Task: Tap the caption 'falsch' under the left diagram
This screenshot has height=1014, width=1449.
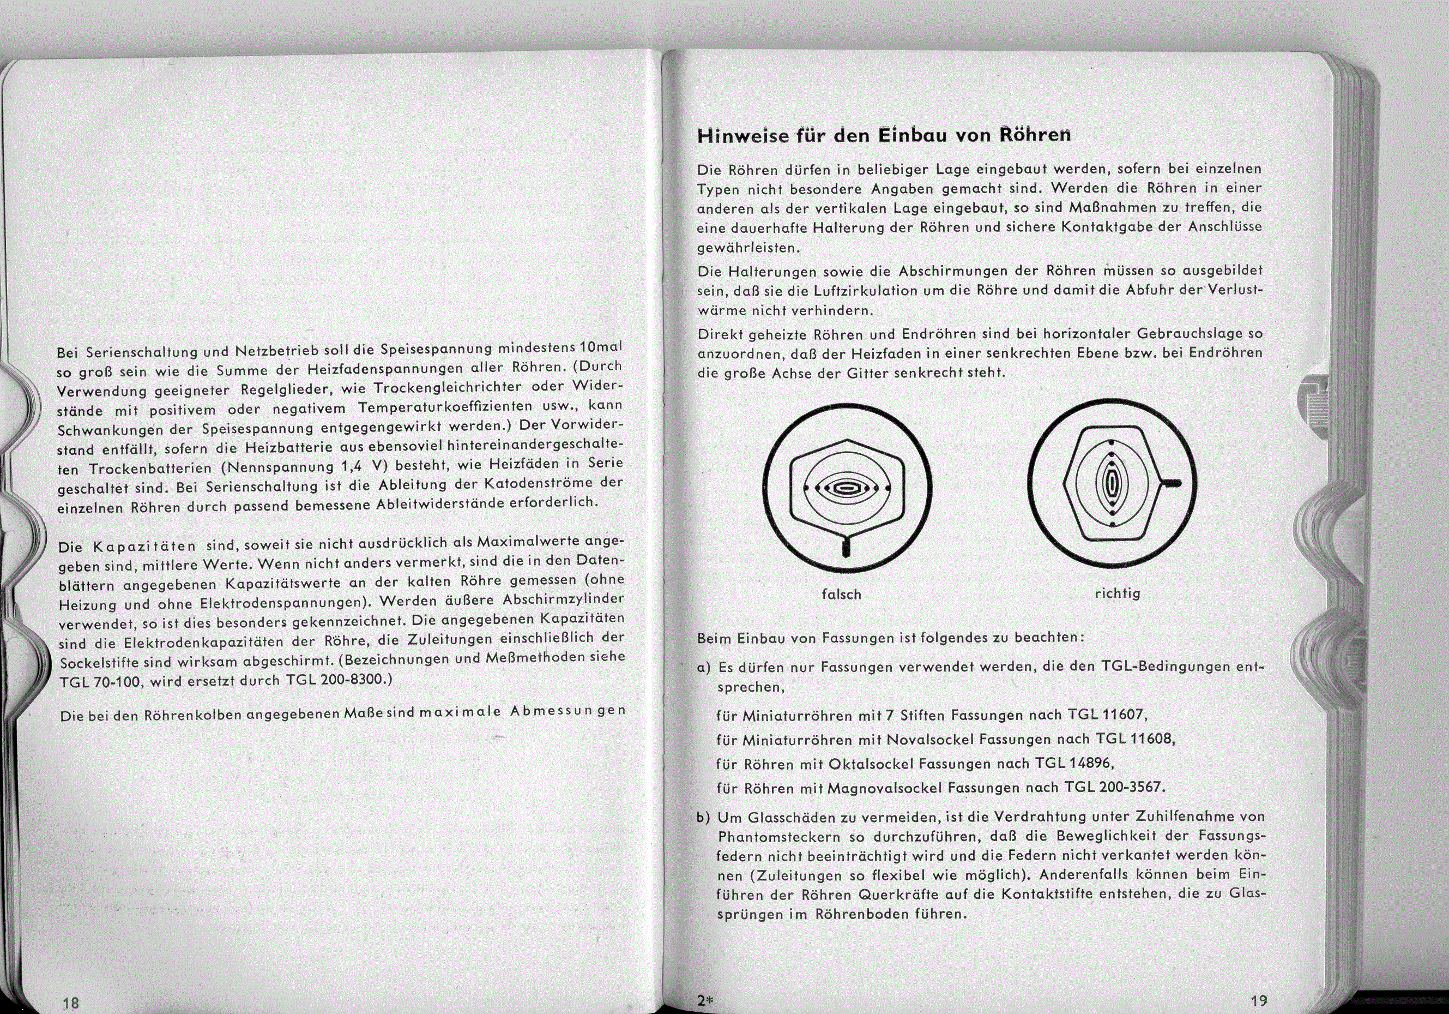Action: [841, 595]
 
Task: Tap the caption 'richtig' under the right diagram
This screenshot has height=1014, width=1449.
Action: [1118, 593]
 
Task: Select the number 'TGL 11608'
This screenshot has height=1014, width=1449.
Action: [1134, 739]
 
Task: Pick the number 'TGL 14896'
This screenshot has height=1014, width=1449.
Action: [1073, 763]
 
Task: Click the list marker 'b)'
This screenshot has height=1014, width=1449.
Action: [704, 818]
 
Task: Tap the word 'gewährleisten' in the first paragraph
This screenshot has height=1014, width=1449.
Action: [748, 248]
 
